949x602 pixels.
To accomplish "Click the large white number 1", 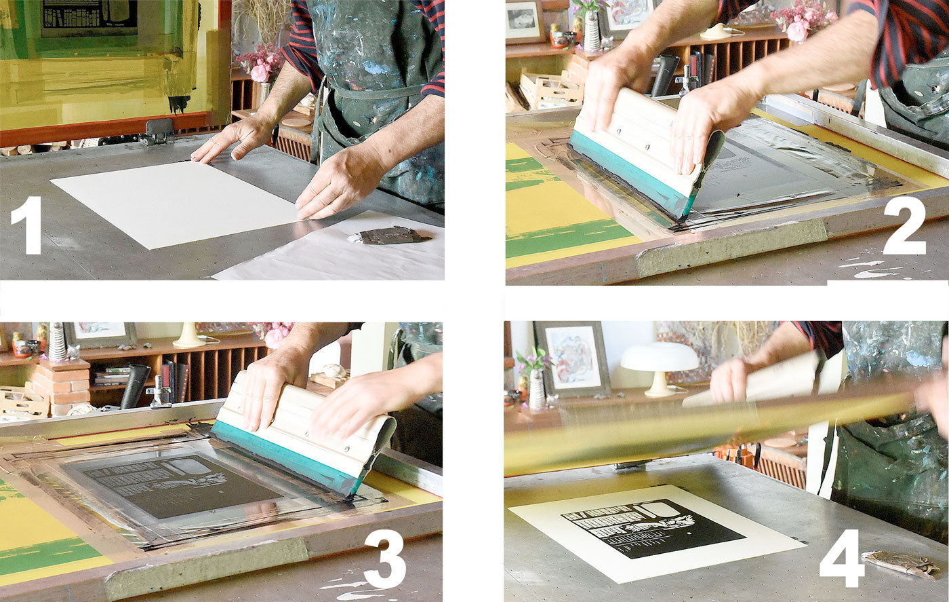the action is click(x=26, y=225).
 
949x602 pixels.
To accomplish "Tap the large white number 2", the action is click(x=904, y=225).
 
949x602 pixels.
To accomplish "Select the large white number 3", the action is click(x=384, y=559).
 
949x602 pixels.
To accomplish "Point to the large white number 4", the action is click(x=842, y=559).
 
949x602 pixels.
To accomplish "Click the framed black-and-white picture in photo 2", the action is click(x=523, y=21).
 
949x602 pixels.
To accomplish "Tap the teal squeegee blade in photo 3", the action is click(x=285, y=457).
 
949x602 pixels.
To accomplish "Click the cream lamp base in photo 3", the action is click(x=188, y=335).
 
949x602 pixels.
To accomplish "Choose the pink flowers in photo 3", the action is click(x=275, y=333).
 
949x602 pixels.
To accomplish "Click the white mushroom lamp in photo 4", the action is click(x=659, y=367).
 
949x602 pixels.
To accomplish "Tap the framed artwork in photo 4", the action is click(x=573, y=359).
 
